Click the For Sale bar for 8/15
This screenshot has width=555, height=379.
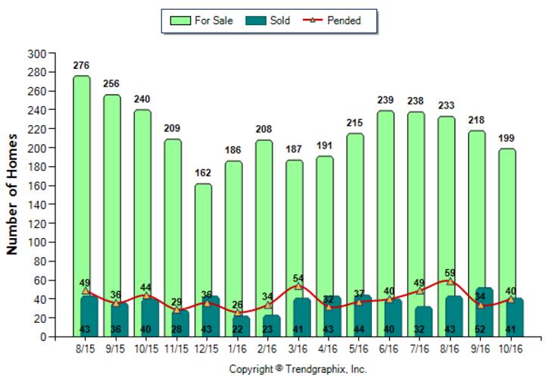coord(81,182)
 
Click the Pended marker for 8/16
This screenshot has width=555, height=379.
coord(450,281)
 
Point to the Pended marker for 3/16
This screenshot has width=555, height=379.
coord(298,286)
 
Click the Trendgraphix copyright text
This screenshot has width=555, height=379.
coord(298,369)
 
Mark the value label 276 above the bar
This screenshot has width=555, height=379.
coord(81,66)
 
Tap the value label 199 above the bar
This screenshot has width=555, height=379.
coord(507,139)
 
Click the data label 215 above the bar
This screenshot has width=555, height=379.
coord(355,124)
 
